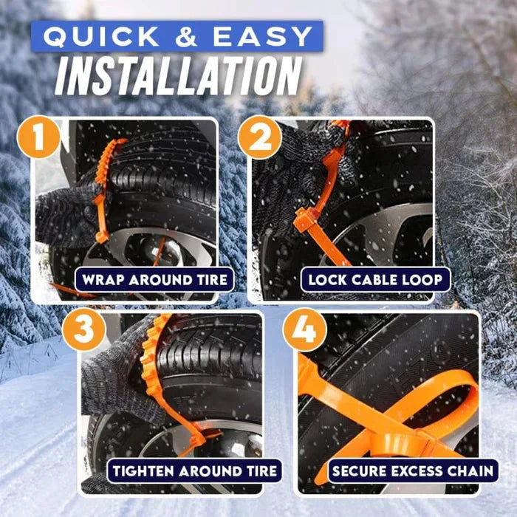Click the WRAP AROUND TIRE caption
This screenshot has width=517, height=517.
[154, 280]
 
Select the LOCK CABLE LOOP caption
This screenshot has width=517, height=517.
[375, 280]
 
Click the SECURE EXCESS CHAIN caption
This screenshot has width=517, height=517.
[413, 470]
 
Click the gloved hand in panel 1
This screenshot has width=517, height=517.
[63, 214]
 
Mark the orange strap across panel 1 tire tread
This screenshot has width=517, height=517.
[103, 185]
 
